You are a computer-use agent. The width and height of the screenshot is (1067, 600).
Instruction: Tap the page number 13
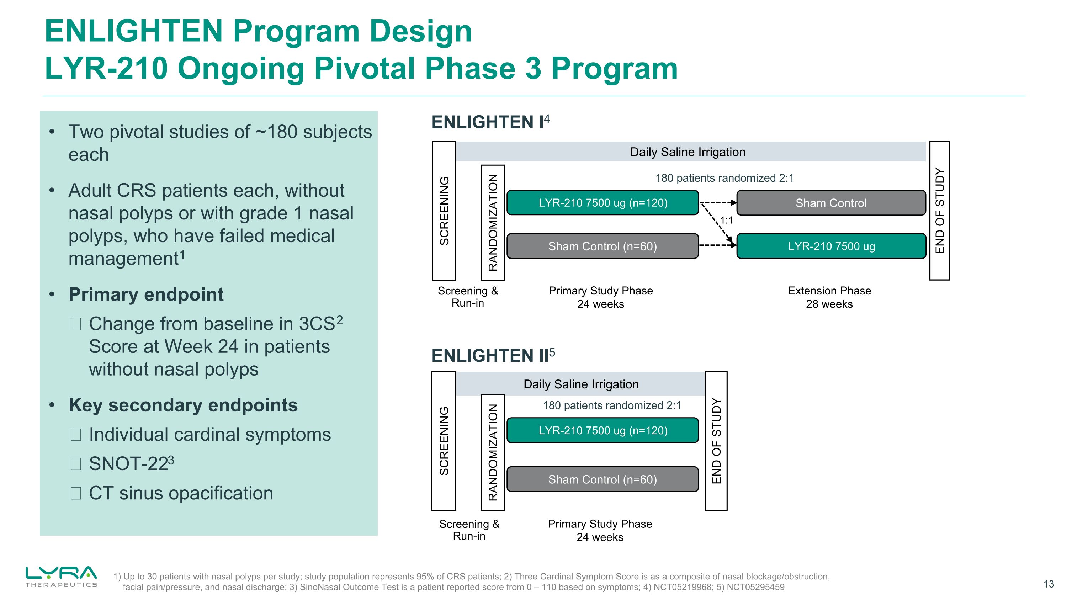coord(1049,584)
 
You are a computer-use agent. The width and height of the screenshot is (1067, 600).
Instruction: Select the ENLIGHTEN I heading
coord(490,122)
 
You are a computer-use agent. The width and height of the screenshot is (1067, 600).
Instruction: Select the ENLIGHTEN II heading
coord(493,356)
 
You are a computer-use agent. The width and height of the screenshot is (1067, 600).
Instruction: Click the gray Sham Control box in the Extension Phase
coord(831,203)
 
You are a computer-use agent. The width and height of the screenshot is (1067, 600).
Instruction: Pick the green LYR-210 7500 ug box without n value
coord(831,246)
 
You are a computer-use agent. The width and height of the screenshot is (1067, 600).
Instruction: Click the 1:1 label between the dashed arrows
coord(727,220)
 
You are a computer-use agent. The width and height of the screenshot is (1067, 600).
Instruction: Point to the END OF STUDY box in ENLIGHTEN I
coord(939,211)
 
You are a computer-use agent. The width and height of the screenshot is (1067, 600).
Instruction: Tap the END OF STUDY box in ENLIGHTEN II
coord(716,441)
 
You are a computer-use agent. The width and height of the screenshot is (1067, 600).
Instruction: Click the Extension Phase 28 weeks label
coord(829,297)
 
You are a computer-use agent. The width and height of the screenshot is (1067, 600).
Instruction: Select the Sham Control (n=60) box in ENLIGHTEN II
coord(602,479)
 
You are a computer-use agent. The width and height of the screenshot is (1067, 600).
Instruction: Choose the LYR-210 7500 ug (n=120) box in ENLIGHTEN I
coord(602,203)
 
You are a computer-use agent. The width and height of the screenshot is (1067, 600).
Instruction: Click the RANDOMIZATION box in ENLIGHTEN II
coord(493,453)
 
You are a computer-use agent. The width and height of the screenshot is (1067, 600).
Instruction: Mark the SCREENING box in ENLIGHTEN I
coord(444,211)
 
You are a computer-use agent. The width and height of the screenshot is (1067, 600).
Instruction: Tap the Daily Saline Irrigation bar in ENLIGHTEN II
coord(581,384)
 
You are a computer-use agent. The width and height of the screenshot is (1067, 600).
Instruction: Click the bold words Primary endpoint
coord(146,295)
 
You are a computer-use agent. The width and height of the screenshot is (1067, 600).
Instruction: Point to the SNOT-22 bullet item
coord(131,464)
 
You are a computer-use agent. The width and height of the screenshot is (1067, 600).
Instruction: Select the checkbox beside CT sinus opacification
coord(76,494)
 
